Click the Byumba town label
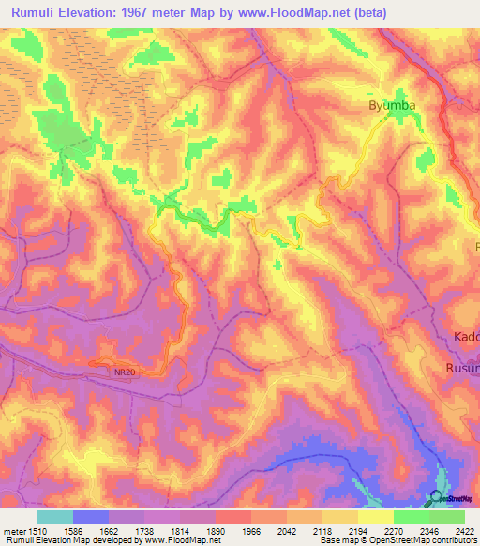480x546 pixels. click(x=389, y=107)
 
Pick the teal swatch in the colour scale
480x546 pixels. click(x=55, y=517)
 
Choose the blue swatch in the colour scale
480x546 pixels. click(x=91, y=517)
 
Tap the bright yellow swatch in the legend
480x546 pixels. click(x=376, y=517)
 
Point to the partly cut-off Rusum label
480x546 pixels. click(x=462, y=368)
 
